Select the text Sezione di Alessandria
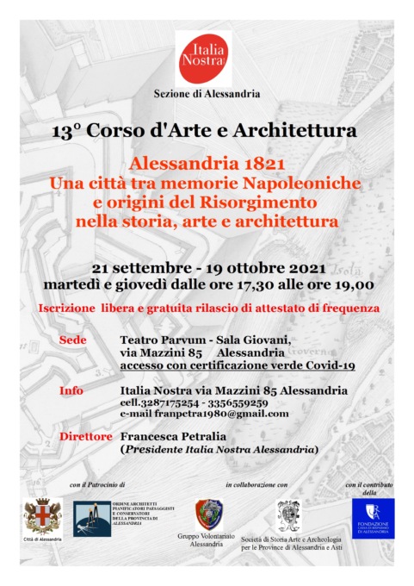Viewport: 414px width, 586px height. (x=207, y=93)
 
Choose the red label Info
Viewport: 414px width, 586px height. (x=71, y=390)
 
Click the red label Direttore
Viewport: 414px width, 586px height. (x=85, y=437)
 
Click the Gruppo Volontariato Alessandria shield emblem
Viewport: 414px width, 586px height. (x=206, y=514)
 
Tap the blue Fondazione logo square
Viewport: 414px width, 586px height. (x=373, y=518)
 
